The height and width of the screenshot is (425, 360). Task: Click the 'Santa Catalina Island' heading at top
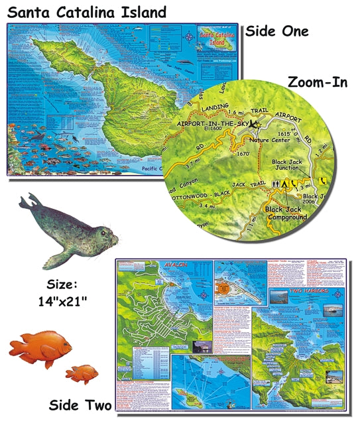pos(84,11)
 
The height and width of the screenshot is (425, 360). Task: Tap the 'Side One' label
pos(276,31)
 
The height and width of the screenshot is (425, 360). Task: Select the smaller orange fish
pos(81,373)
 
